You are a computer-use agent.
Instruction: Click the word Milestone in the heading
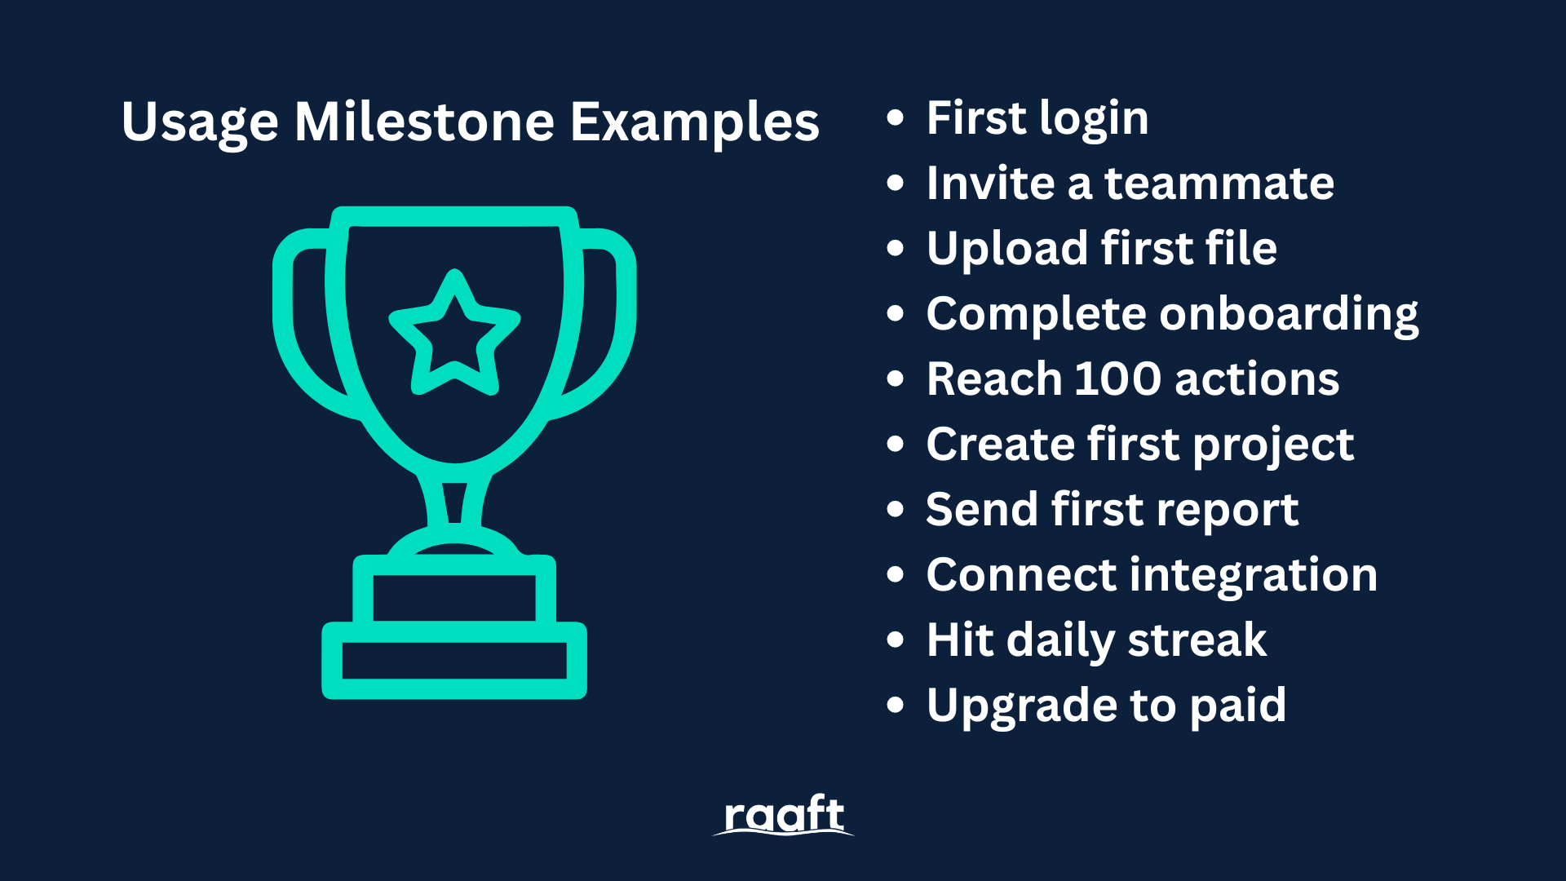pyautogui.click(x=424, y=122)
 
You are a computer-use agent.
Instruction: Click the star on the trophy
pyautogui.click(x=454, y=333)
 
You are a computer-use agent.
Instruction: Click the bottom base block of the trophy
pyautogui.click(x=454, y=661)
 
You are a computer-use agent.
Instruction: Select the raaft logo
pyautogui.click(x=784, y=815)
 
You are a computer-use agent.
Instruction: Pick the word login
pyautogui.click(x=1094, y=122)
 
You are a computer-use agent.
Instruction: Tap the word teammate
pyautogui.click(x=1219, y=184)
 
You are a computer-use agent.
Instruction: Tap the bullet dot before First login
pyautogui.click(x=896, y=117)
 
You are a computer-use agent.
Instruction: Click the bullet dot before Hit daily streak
pyautogui.click(x=896, y=640)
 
